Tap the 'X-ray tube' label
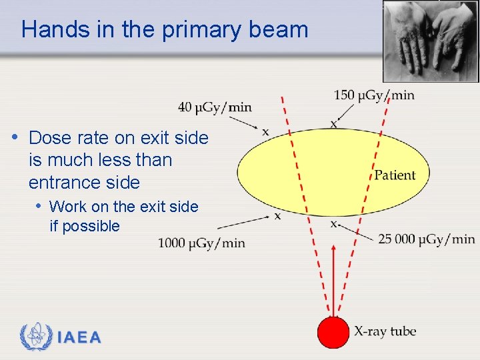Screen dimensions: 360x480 [x=385, y=331]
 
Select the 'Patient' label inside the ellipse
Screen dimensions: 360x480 [x=395, y=175]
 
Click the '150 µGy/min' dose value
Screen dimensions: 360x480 [x=373, y=95]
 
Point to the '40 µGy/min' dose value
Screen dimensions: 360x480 [x=215, y=107]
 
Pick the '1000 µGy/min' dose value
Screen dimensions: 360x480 [x=201, y=243]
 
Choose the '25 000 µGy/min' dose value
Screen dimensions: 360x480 [x=426, y=239]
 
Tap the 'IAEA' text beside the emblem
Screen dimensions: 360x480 [x=79, y=337]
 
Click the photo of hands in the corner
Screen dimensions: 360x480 [x=431, y=41]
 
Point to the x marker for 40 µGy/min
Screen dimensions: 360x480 [x=265, y=132]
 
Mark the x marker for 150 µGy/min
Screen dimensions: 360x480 [x=333, y=124]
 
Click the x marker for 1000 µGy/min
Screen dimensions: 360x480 [x=277, y=215]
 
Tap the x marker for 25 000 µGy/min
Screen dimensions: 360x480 [x=333, y=223]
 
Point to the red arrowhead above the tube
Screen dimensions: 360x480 [x=333, y=251]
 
